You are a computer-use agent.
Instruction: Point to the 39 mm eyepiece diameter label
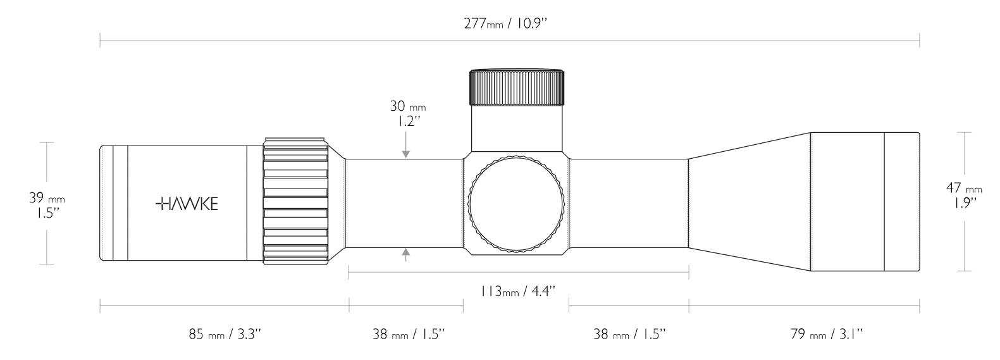tap(47, 198)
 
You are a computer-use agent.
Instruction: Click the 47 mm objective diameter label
tap(964, 189)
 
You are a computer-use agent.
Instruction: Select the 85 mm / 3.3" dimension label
tap(225, 333)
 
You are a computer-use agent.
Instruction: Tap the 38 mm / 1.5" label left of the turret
tap(409, 333)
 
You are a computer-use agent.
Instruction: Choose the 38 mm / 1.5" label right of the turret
tap(629, 333)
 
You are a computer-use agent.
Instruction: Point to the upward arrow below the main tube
tap(405, 254)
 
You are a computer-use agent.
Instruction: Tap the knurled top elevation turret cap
tap(516, 87)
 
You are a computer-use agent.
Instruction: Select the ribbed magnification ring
tap(296, 199)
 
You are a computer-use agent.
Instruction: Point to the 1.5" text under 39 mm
tap(47, 213)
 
